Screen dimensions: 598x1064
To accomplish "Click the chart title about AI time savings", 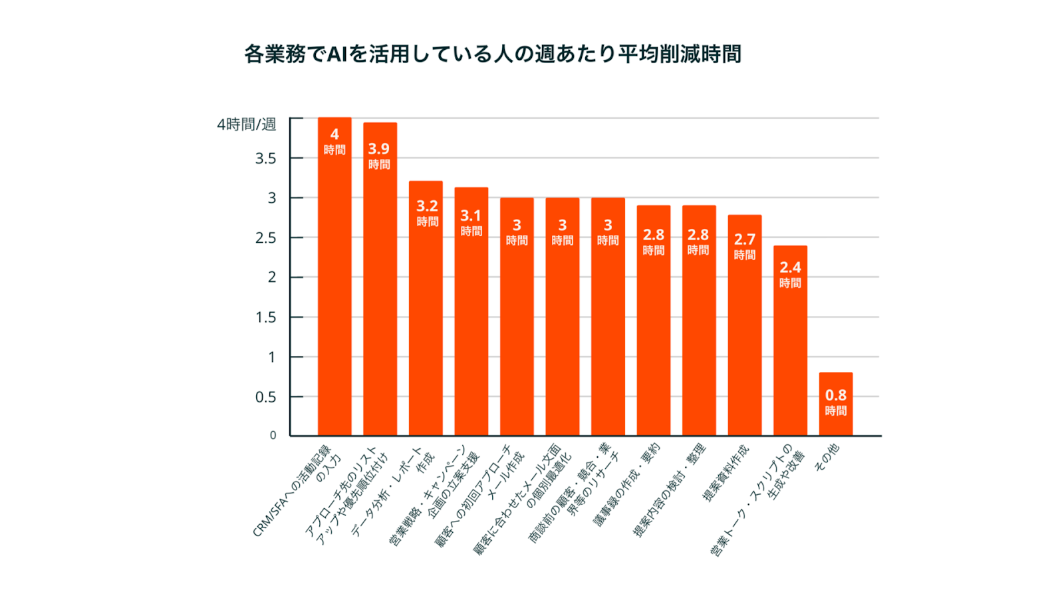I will click(x=492, y=54).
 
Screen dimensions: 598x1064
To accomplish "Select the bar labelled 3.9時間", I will click(x=380, y=279).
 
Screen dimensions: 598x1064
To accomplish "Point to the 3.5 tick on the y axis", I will click(x=265, y=158).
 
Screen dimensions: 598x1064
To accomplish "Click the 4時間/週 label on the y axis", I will click(x=246, y=124).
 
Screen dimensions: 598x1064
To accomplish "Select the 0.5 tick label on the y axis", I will click(x=265, y=397).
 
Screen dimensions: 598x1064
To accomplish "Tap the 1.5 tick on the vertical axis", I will click(x=265, y=317).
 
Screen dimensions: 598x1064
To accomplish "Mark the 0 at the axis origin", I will click(x=273, y=435).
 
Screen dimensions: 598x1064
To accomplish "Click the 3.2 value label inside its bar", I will click(x=427, y=206).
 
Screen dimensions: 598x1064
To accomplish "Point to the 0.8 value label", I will click(x=835, y=395).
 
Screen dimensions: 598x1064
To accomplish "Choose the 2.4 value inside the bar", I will click(x=790, y=267).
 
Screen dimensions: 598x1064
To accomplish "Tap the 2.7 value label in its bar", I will click(x=744, y=239).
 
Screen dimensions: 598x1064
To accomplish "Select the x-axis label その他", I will click(x=827, y=458).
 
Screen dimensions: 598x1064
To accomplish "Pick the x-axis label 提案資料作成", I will click(x=726, y=473).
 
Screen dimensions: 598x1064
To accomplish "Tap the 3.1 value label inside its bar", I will click(x=471, y=216).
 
